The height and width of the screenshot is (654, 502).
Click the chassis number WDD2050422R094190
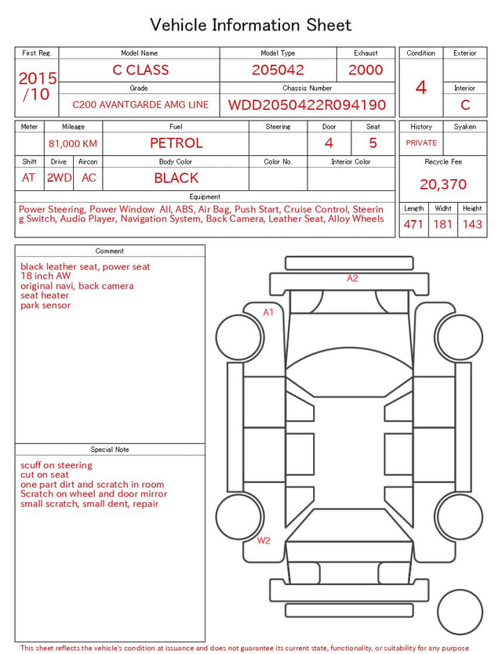pyautogui.click(x=307, y=105)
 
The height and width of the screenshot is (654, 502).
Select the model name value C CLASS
pyautogui.click(x=140, y=70)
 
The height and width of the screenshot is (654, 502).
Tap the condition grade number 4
pyautogui.click(x=421, y=88)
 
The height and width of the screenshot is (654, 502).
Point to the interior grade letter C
pyautogui.click(x=465, y=105)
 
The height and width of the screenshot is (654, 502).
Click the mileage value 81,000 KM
pyautogui.click(x=73, y=144)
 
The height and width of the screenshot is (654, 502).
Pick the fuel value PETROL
pyautogui.click(x=176, y=143)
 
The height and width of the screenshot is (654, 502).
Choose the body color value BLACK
pyautogui.click(x=176, y=178)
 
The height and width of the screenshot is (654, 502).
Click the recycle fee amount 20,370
pyautogui.click(x=443, y=184)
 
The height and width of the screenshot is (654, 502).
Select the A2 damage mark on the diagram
pyautogui.click(x=352, y=278)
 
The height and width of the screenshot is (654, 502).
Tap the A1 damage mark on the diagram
pyautogui.click(x=268, y=312)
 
